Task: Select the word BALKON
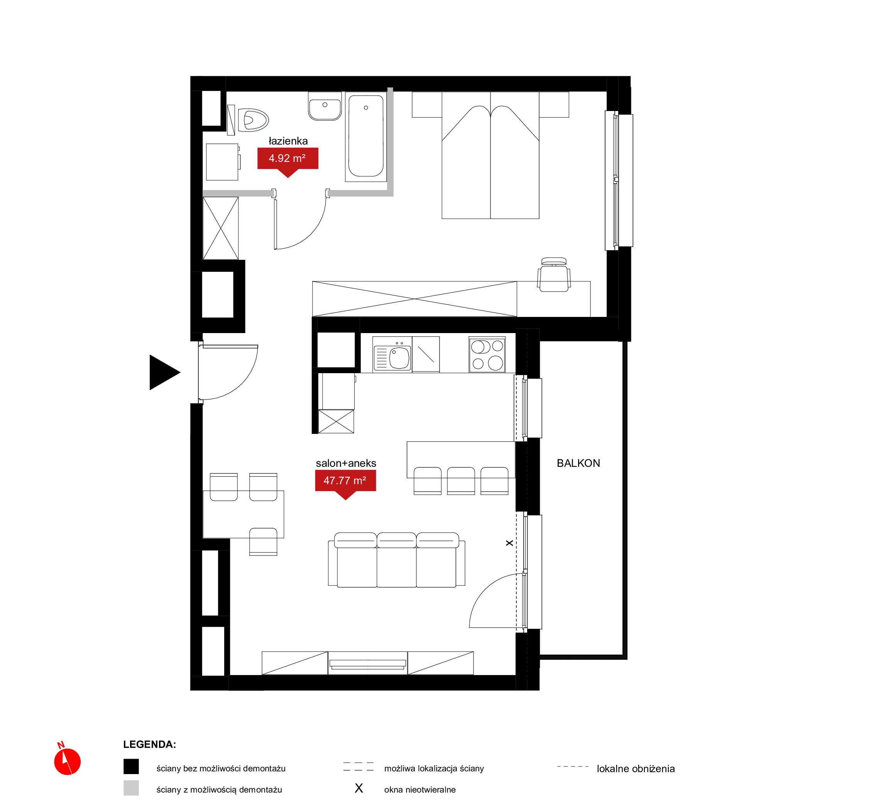click(578, 463)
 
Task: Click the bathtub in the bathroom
click(366, 136)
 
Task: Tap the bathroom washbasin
click(325, 106)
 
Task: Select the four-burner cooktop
click(487, 355)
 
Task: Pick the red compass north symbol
click(67, 761)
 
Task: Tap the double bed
click(490, 155)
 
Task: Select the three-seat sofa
click(397, 560)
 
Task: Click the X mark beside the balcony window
click(509, 543)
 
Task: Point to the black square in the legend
click(131, 766)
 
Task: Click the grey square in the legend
click(131, 788)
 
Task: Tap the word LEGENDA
click(150, 744)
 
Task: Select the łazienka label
click(288, 141)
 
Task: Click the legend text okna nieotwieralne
click(420, 790)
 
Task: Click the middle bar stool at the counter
click(461, 481)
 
